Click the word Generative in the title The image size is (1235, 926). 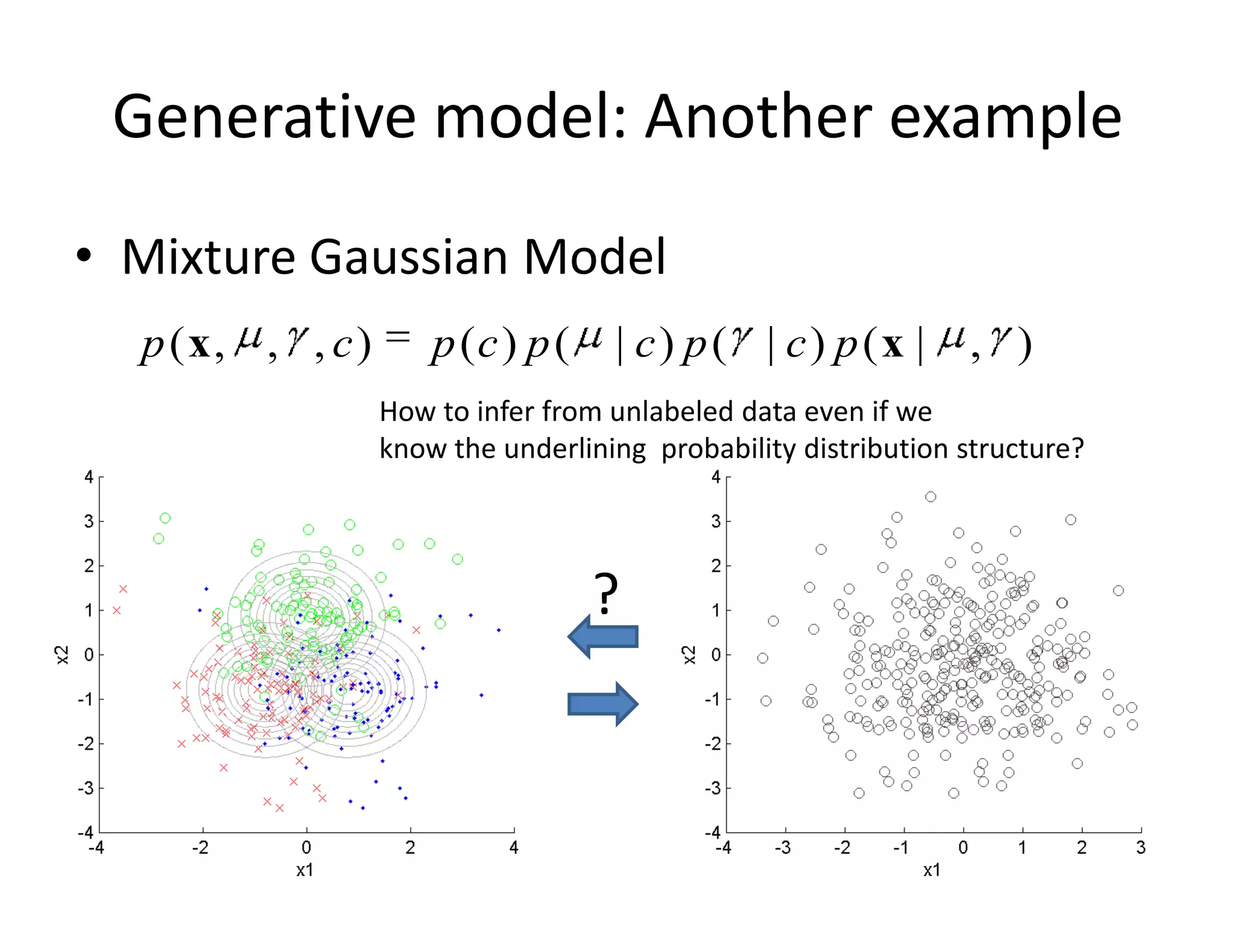[264, 118]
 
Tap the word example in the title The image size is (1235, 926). [1005, 118]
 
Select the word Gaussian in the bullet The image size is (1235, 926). [409, 257]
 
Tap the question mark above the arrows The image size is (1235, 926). [605, 593]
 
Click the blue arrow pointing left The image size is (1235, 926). [602, 637]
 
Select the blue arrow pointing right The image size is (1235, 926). [602, 704]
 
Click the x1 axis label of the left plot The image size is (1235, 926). [305, 870]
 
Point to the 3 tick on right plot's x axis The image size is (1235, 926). [1140, 848]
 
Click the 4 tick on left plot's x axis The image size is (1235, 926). [514, 848]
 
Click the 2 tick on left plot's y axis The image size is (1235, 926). [89, 566]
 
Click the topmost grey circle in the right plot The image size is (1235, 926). [930, 497]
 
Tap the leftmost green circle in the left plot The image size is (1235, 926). [159, 538]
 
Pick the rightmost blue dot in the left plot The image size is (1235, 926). [499, 630]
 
